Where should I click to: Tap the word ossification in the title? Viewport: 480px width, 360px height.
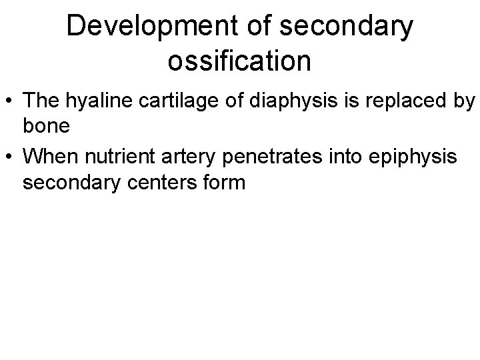(x=239, y=61)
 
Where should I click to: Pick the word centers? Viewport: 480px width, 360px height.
(x=166, y=181)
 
